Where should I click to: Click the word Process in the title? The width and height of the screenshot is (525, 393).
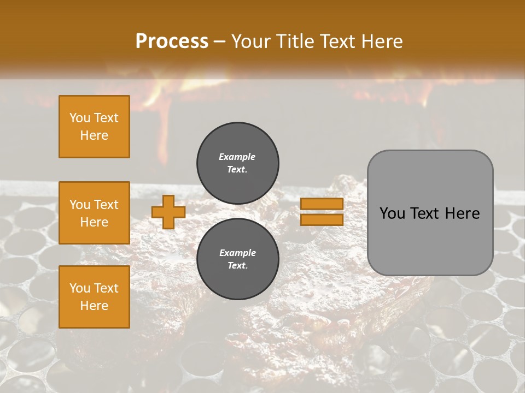click(172, 41)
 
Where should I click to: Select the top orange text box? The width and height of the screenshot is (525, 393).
click(94, 127)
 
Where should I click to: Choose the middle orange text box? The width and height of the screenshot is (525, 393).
click(94, 213)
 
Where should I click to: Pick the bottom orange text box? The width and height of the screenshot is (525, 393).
click(94, 297)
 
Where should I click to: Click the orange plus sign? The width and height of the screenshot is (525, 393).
click(168, 212)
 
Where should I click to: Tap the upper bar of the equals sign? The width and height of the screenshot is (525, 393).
click(322, 204)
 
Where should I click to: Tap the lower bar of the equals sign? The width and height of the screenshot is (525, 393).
click(322, 219)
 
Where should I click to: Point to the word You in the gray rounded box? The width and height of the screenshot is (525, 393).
click(392, 213)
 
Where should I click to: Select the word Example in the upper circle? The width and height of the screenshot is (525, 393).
click(237, 157)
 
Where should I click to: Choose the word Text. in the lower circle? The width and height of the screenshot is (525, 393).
click(237, 266)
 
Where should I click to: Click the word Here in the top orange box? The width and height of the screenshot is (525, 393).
click(94, 135)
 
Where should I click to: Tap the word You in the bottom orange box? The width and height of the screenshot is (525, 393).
click(80, 288)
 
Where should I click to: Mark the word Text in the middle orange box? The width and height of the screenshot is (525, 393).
click(106, 205)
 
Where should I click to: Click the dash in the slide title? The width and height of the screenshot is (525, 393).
click(220, 41)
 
